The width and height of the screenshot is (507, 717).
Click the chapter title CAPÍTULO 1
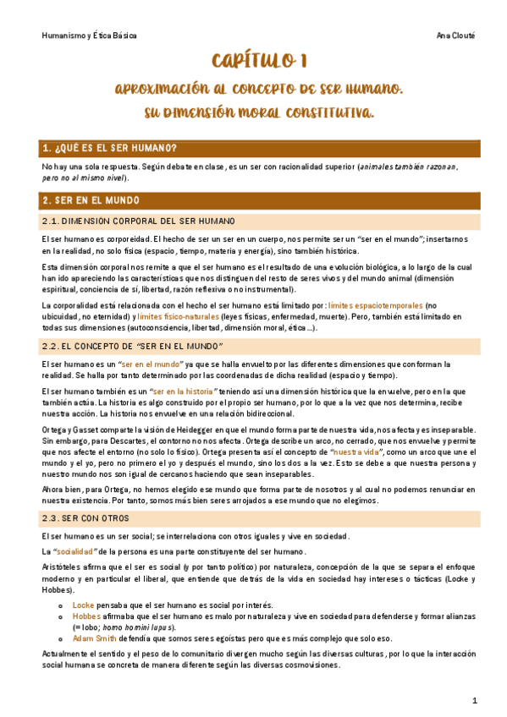point(253,61)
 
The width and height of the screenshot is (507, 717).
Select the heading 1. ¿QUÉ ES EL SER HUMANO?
point(109,149)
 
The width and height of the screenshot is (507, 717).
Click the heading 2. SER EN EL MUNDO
point(91,200)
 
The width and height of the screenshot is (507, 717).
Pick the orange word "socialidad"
point(79,552)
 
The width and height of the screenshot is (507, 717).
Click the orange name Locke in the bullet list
point(83,606)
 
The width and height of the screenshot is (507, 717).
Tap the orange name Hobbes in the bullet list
point(86,617)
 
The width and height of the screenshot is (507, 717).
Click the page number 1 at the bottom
point(475,700)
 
